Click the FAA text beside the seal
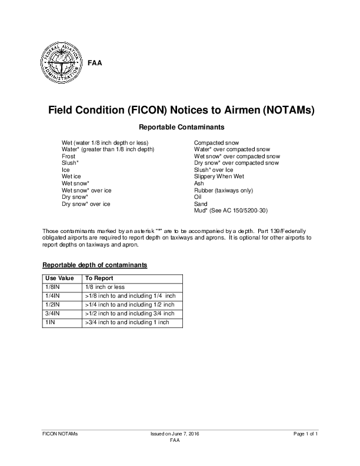coord(94,63)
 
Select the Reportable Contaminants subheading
coord(179,127)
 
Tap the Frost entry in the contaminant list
coord(69,156)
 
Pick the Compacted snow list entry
coord(216,143)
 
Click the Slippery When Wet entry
coord(219,176)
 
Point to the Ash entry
coord(199,183)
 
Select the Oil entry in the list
coord(198,197)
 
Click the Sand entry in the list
coord(200,203)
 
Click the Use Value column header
coord(59,278)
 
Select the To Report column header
coord(99,278)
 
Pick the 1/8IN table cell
coord(53,287)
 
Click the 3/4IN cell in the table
coord(53,314)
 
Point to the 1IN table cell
coord(50,322)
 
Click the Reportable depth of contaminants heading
coord(95,265)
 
